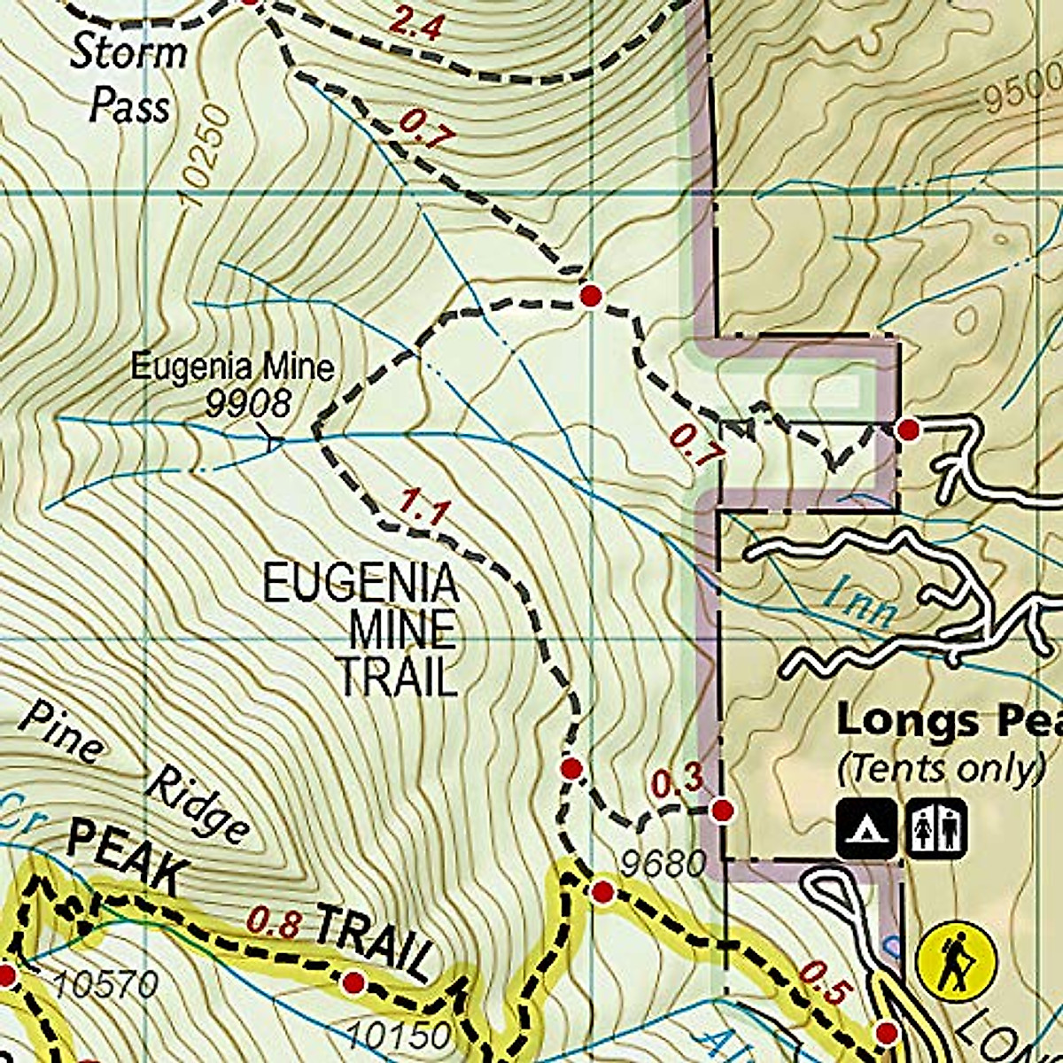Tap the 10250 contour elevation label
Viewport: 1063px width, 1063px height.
[x=202, y=158]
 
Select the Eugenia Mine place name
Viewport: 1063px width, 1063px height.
[x=233, y=367]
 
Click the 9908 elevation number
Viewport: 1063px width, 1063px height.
[x=248, y=404]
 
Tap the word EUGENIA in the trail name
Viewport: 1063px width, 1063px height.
[x=361, y=585]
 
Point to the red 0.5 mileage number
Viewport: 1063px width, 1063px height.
[x=822, y=983]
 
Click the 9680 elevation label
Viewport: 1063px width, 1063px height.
[x=663, y=863]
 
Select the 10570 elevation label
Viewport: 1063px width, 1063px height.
[x=105, y=983]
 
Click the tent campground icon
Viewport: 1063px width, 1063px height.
[x=865, y=828]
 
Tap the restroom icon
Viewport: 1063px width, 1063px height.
[x=935, y=828]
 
